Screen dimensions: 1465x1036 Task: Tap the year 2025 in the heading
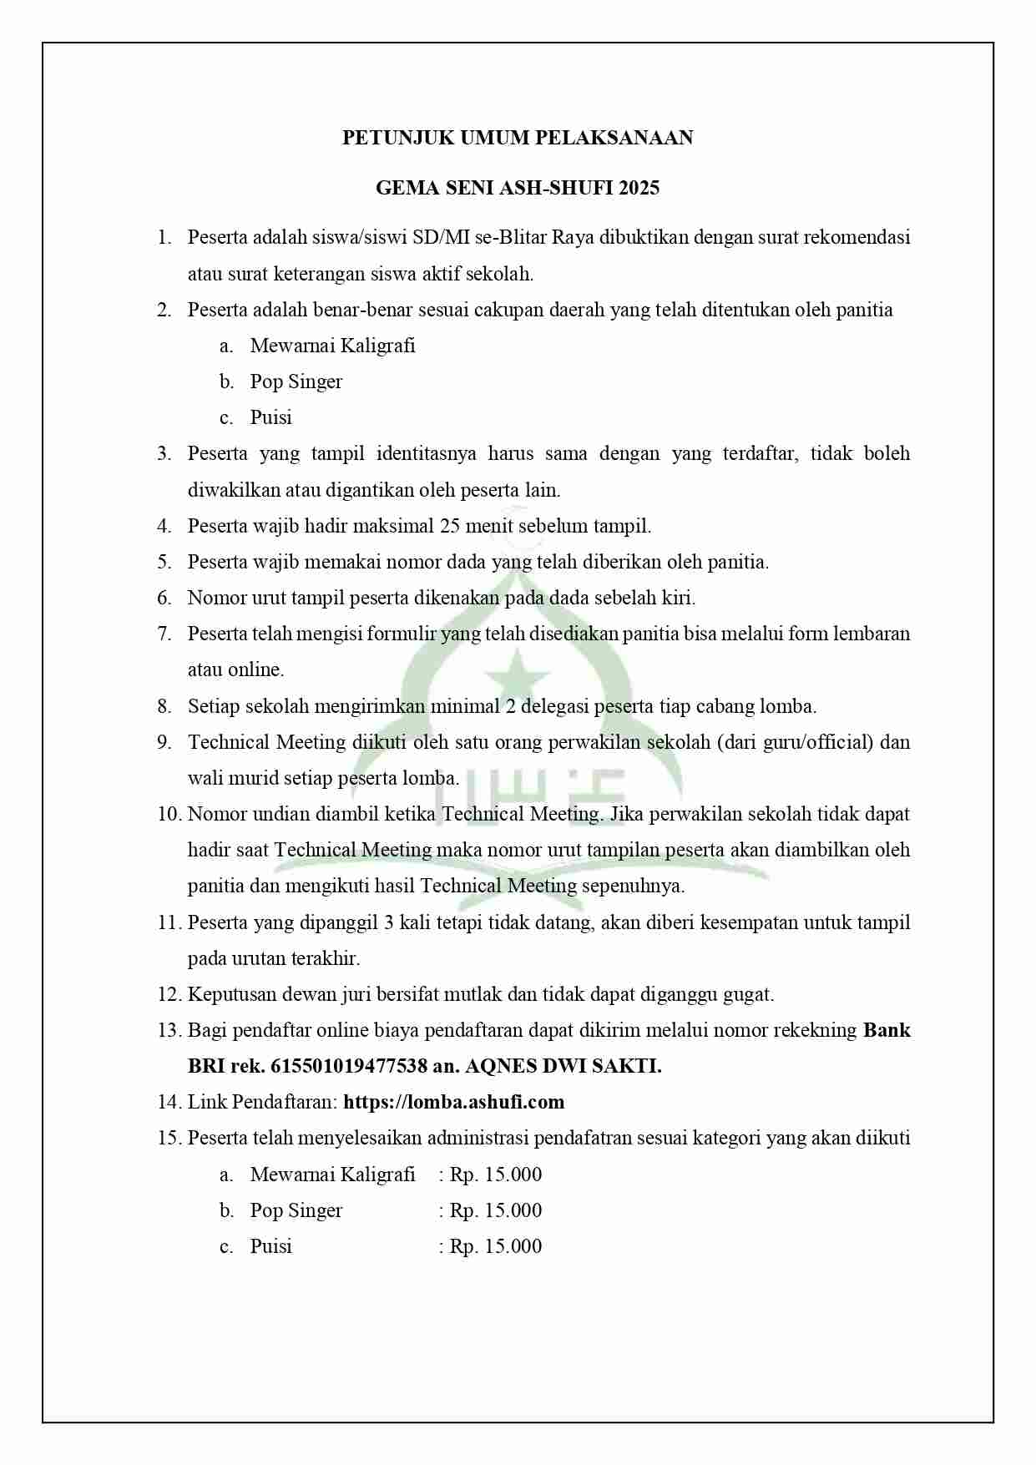pos(639,188)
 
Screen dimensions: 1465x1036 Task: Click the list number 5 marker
pos(164,562)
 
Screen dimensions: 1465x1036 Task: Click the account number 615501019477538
pos(349,1066)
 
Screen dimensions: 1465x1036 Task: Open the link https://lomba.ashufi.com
pos(453,1102)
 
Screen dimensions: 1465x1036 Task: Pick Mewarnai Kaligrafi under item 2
pos(332,346)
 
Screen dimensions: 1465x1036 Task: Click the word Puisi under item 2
pos(270,417)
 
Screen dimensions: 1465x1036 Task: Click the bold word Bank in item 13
pos(887,1030)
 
